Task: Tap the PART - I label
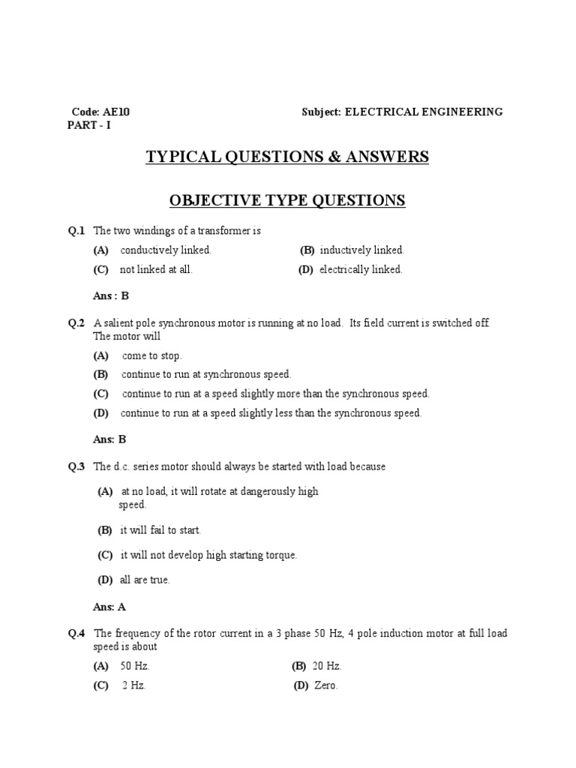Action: point(88,125)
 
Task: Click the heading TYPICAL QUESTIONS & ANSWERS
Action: point(287,157)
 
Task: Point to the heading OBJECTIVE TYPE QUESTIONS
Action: point(287,200)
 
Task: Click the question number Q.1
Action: point(77,231)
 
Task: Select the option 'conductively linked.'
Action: point(166,250)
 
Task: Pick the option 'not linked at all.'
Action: point(156,269)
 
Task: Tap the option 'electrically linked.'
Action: point(361,269)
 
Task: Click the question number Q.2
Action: point(77,323)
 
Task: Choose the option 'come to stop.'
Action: point(151,355)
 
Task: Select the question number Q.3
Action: point(77,466)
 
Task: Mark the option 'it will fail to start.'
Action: point(160,530)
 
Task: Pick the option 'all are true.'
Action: point(145,580)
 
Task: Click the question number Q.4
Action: point(77,634)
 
